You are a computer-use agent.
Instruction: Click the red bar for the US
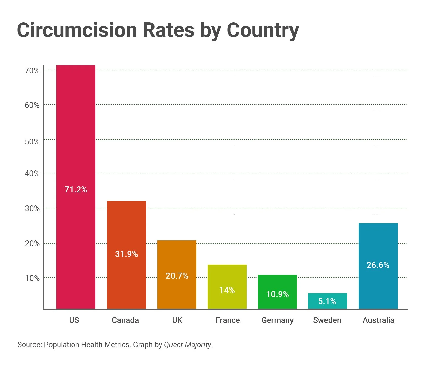click(x=76, y=127)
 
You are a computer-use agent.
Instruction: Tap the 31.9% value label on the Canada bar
click(x=126, y=254)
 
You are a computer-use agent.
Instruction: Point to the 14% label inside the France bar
click(x=227, y=290)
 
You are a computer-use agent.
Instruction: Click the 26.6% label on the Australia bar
click(x=378, y=265)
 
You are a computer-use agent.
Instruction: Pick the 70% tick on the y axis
click(x=32, y=71)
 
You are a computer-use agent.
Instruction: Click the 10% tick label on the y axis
click(x=32, y=278)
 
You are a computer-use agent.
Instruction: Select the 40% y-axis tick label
click(x=32, y=174)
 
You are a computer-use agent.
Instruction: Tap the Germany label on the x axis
click(x=277, y=320)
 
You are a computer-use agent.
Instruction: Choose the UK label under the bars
click(x=177, y=320)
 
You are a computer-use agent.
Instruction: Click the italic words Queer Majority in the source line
click(x=187, y=345)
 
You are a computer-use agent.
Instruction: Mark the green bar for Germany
click(x=277, y=284)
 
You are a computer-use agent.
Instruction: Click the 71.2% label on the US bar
click(x=76, y=189)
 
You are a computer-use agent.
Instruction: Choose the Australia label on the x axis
click(x=378, y=320)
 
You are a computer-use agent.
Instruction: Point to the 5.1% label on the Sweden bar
click(x=327, y=301)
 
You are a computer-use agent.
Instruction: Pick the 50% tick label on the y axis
click(x=32, y=141)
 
